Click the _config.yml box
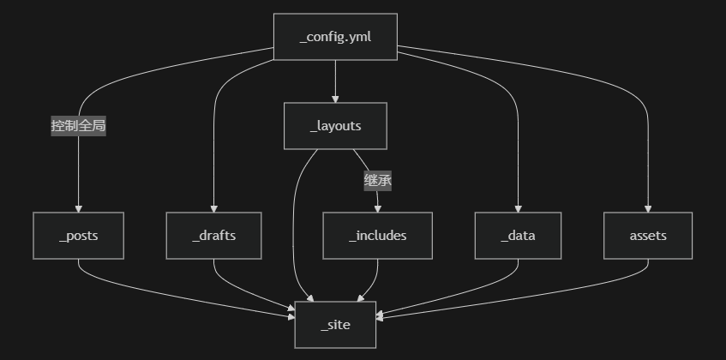click(335, 37)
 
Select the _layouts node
click(335, 126)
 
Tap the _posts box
click(78, 236)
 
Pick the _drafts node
click(213, 236)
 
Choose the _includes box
click(377, 236)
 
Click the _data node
click(518, 236)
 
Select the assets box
click(647, 236)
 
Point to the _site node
click(335, 325)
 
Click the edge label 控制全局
click(78, 126)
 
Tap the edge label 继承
click(377, 181)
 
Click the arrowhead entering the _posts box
click(78, 209)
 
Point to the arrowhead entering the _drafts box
click(213, 209)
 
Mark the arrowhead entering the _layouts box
click(335, 99)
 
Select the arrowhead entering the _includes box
click(377, 209)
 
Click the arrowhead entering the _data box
click(518, 209)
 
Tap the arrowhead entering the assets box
click(647, 209)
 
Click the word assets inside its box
click(647, 236)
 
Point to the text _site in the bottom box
click(335, 325)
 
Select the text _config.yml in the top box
click(335, 37)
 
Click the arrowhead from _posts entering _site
click(291, 318)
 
